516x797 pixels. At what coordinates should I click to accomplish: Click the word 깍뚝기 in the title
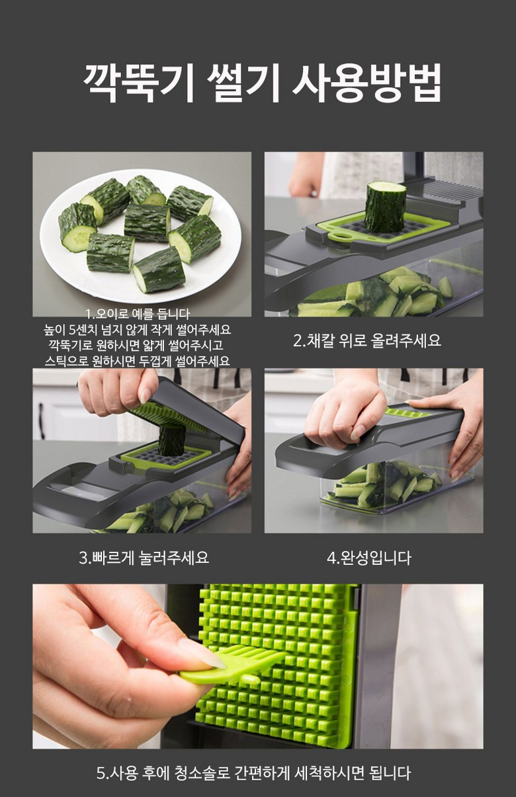click(139, 83)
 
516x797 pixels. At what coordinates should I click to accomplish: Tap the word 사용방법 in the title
click(367, 83)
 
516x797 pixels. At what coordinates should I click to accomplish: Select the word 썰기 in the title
click(243, 83)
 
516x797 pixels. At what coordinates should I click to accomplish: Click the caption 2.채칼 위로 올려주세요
click(367, 340)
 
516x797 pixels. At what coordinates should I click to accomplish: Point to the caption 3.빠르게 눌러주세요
click(144, 557)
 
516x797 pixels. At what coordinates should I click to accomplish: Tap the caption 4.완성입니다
click(369, 558)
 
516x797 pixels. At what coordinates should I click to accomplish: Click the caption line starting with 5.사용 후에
click(254, 773)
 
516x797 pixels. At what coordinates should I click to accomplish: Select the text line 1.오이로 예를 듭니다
click(138, 314)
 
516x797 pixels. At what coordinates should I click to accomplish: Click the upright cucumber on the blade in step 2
click(385, 206)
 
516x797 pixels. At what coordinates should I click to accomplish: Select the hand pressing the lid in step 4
click(342, 416)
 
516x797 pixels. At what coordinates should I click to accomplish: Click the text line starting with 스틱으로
click(138, 361)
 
